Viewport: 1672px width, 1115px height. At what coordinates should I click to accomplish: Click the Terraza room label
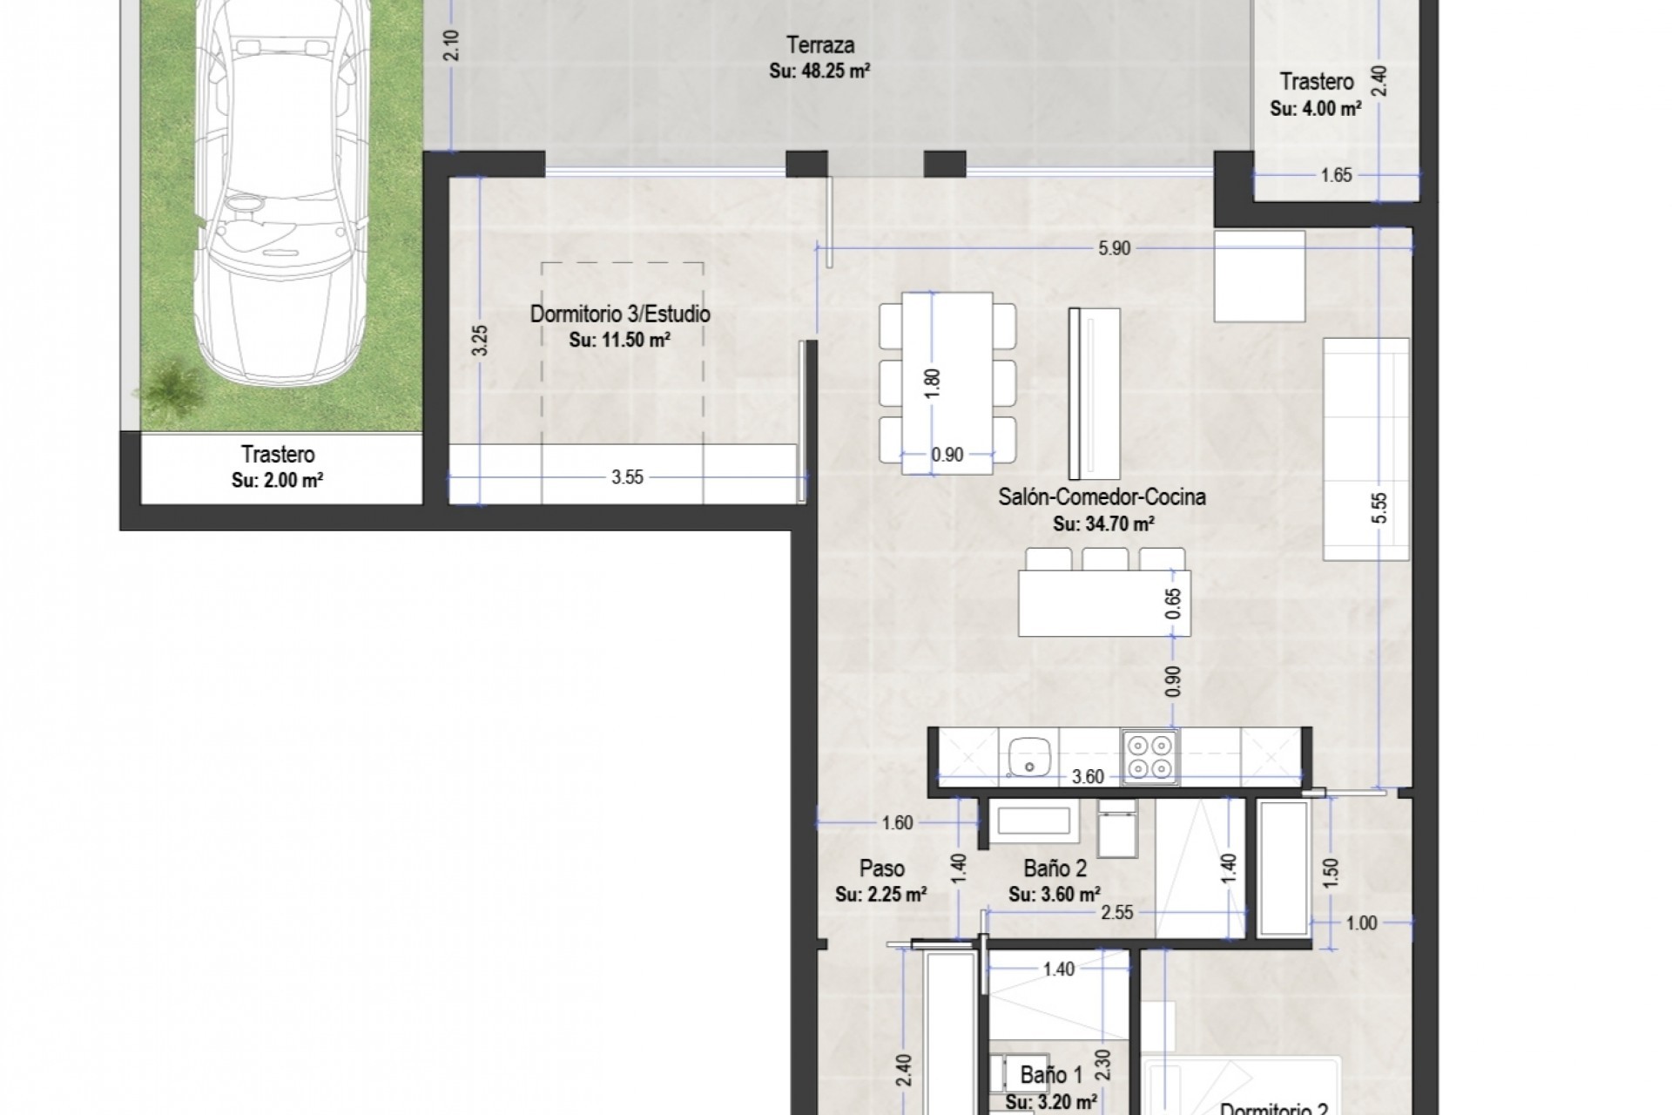coord(819,44)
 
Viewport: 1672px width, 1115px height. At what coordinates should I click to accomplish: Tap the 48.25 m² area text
coord(819,71)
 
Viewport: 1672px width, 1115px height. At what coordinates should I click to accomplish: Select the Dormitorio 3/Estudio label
coord(620,314)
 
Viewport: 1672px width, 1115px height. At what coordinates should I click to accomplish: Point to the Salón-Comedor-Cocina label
coord(1102,497)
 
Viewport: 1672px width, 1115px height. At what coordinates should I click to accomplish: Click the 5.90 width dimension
coord(1114,248)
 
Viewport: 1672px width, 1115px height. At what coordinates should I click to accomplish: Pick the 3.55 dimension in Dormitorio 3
coord(627,476)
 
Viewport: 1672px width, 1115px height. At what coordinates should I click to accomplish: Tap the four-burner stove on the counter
coord(1149,755)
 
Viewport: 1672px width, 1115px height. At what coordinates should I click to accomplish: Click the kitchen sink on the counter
coord(1028,754)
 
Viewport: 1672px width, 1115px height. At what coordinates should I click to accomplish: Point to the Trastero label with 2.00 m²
coord(278,454)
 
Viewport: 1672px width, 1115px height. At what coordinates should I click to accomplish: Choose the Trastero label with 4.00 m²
coord(1316,82)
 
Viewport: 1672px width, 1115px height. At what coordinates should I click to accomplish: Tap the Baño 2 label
coord(1055,868)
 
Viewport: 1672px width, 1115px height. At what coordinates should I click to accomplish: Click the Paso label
coord(881,868)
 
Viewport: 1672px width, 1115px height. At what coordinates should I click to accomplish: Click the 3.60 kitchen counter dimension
coord(1088,777)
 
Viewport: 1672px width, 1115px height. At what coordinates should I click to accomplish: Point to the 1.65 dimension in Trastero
coord(1336,175)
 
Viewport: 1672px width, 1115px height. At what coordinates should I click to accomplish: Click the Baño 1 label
coord(1051,1075)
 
